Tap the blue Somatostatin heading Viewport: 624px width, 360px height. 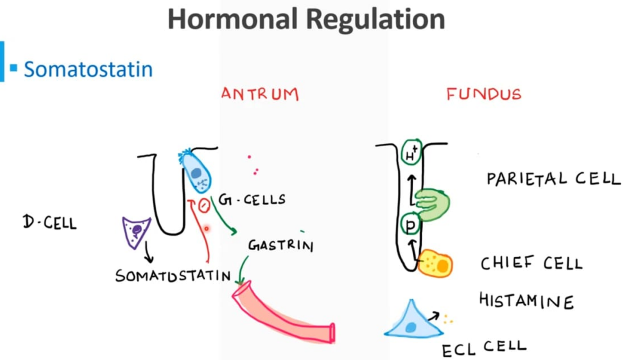tap(88, 69)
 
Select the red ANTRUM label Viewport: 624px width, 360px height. tap(260, 94)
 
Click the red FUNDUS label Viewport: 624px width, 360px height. tap(483, 94)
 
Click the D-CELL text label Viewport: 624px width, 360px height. tap(50, 223)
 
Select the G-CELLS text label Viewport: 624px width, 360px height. tap(252, 200)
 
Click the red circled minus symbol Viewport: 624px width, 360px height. tap(204, 206)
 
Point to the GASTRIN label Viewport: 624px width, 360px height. tap(281, 245)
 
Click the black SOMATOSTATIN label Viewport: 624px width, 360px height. tap(173, 276)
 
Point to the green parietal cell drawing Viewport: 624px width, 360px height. tap(434, 205)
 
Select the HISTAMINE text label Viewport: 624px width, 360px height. tap(526, 301)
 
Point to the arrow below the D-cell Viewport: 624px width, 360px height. tap(148, 253)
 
